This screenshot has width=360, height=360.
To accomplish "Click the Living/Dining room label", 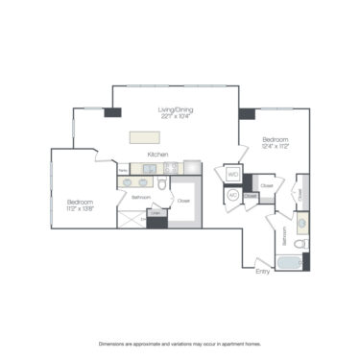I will tap(178, 110).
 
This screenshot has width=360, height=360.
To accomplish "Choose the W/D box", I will tap(233, 175).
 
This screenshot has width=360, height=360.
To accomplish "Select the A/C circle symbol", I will tap(232, 195).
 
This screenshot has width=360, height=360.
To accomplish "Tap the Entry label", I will tap(262, 272).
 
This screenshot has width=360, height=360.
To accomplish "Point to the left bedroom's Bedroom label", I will tap(80, 202).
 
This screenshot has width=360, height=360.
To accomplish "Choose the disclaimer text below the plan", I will tap(180, 343).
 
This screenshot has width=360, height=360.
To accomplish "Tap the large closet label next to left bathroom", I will tap(183, 202).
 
